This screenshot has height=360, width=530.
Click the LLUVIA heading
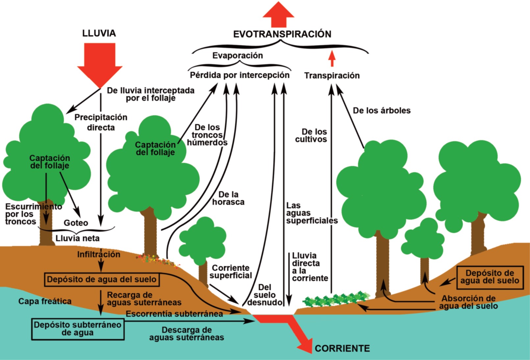[99, 33]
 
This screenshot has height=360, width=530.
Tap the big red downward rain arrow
[100, 62]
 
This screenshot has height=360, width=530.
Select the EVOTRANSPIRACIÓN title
[282, 34]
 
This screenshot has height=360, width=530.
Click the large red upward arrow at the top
[278, 14]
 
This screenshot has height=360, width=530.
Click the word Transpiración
[332, 76]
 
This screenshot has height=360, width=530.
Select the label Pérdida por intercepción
[240, 75]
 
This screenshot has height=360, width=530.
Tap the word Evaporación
[238, 56]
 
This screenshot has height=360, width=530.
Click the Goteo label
[76, 223]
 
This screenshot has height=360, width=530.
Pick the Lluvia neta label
[77, 238]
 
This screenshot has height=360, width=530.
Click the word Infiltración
[99, 254]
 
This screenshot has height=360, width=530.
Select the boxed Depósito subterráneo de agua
[78, 328]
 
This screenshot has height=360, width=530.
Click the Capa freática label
[45, 301]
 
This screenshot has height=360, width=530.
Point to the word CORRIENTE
[342, 348]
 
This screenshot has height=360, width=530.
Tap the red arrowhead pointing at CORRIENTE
[305, 345]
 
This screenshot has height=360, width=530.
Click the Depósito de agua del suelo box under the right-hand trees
[490, 277]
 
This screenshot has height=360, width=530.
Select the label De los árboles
[382, 110]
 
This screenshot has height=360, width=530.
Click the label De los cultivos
[311, 135]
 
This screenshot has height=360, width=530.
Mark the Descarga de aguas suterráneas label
[187, 333]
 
